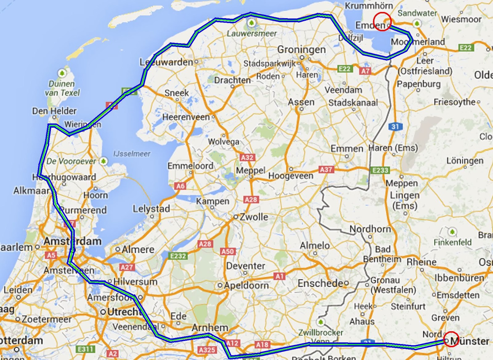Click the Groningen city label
[301, 49]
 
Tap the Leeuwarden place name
[166, 62]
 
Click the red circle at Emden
[382, 22]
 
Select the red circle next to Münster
[452, 339]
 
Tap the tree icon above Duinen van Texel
[62, 73]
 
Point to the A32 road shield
[247, 158]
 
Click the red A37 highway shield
[326, 170]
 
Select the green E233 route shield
[381, 170]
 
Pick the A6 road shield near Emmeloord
[181, 186]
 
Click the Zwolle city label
[254, 217]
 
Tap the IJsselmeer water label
[132, 153]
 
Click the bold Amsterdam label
[72, 241]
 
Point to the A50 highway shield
[227, 252]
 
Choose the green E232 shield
[178, 256]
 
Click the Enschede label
[320, 283]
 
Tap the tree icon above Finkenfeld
[452, 231]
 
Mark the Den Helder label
[54, 111]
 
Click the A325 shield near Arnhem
[207, 350]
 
